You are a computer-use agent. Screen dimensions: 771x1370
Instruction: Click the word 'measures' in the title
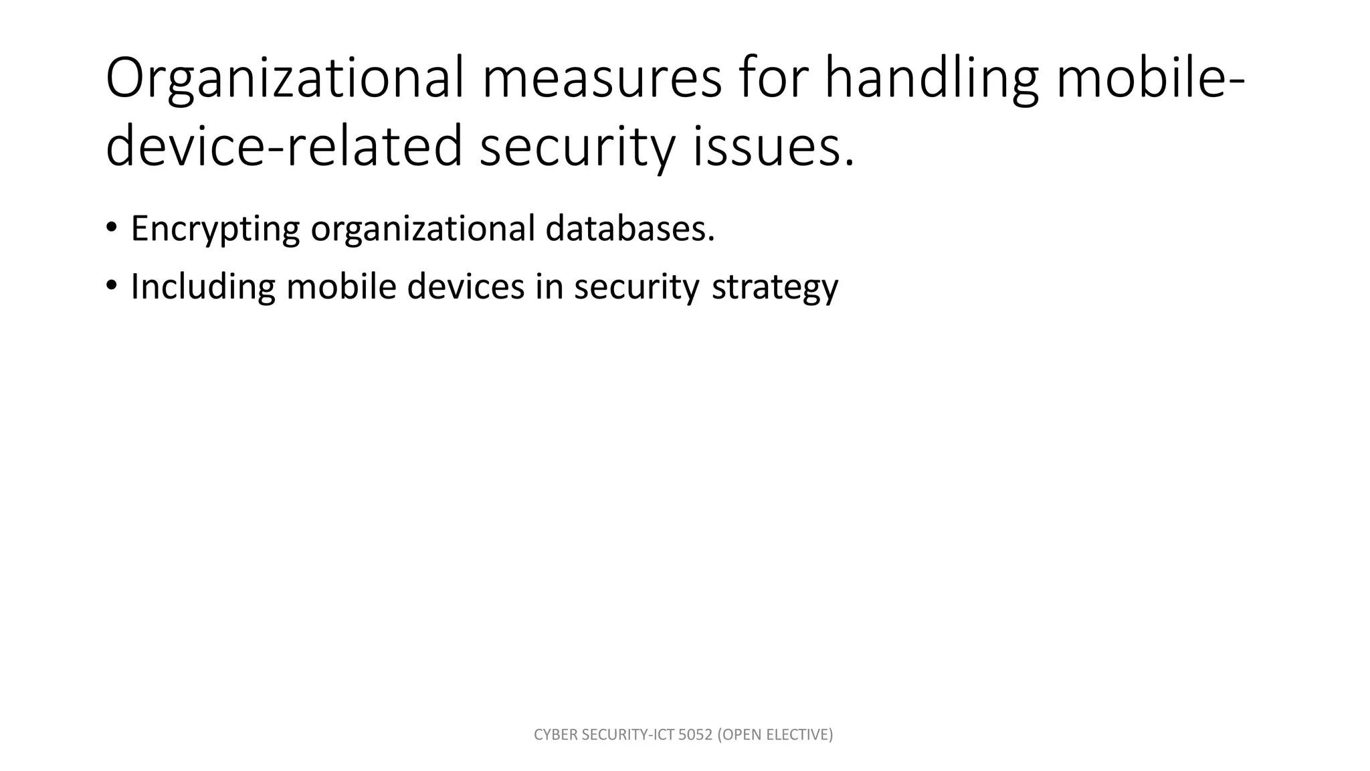click(601, 78)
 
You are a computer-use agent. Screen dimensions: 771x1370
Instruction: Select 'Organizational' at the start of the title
click(285, 78)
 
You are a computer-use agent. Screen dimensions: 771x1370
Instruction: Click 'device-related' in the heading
click(284, 147)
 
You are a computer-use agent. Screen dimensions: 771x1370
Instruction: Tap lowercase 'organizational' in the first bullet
click(423, 229)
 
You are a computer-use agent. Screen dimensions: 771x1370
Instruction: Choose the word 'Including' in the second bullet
click(203, 287)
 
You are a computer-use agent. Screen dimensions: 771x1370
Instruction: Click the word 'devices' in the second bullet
click(466, 286)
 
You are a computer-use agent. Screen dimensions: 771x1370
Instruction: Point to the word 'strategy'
click(775, 287)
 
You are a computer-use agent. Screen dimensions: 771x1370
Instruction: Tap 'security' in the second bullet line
click(636, 287)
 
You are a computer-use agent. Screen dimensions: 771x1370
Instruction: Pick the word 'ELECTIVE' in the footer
click(799, 735)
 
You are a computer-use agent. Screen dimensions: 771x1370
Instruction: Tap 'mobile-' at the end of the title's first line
click(1151, 78)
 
